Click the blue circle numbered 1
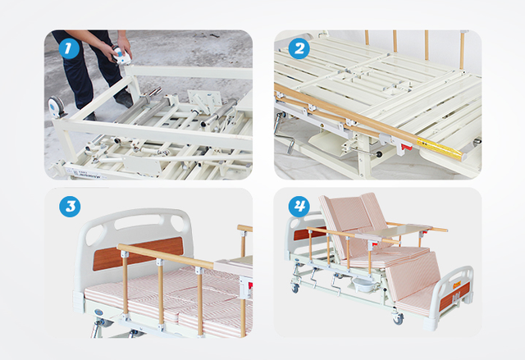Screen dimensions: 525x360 [69, 48]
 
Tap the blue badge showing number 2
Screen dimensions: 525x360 [299, 48]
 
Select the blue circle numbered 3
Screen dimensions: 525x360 [70, 207]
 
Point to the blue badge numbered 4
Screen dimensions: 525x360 [299, 207]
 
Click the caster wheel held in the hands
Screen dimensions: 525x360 [121, 55]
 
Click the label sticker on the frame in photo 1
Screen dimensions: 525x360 [86, 173]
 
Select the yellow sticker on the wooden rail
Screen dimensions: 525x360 [440, 148]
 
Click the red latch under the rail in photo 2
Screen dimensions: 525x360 [407, 146]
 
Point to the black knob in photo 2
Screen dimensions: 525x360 [379, 155]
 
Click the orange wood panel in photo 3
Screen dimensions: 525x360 [138, 253]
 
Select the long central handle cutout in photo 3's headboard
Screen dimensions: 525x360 [138, 221]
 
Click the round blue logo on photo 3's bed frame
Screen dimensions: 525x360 [98, 312]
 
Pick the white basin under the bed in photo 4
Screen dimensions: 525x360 [363, 285]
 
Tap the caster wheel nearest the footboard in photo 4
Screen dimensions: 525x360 [398, 318]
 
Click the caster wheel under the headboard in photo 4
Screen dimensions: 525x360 [295, 288]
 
